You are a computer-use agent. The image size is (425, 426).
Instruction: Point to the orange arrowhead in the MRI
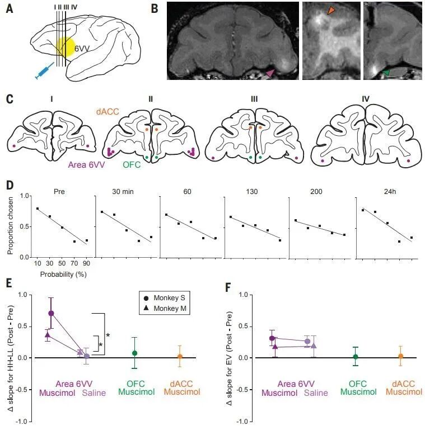330,10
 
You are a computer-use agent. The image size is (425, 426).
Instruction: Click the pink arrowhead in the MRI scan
270,73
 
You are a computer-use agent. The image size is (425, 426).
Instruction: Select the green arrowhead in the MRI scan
386,72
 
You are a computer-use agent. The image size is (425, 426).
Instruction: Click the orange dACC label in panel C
108,111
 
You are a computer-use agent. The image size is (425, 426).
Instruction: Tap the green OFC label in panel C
132,164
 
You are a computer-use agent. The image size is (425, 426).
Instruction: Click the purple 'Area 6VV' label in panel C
87,164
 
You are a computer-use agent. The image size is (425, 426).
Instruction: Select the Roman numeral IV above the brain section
366,99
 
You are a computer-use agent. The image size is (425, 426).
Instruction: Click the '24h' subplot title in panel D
390,192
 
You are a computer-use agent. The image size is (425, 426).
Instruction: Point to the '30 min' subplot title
123,192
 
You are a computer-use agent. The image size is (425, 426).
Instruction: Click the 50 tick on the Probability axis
62,263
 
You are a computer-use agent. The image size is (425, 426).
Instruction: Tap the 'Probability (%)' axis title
63,274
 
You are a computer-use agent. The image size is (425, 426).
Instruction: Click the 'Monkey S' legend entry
165,298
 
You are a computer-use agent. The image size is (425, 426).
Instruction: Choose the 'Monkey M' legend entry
165,309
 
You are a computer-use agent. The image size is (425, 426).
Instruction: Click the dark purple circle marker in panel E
51,313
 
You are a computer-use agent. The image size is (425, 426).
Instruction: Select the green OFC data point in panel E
134,353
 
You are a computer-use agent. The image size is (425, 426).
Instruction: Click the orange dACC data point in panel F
400,356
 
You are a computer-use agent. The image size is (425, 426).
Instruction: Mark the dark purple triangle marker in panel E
48,335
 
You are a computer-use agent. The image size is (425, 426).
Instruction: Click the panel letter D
10,186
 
